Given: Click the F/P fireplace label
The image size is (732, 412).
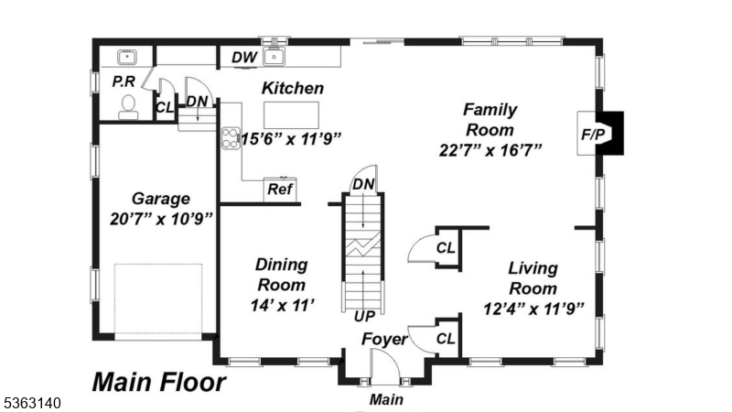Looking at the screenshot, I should pos(593,134).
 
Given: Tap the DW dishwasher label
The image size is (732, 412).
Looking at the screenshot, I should pos(243,57).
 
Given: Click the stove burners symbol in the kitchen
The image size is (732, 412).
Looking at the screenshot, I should pos(230,139).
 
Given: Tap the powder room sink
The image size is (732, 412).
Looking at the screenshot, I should pos(127,57).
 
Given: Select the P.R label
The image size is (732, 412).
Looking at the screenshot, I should pos(124,81).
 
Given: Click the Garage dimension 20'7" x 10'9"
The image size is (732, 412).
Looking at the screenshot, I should pos(160,219).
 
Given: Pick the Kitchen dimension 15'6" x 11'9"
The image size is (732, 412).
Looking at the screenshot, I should pos(291,139).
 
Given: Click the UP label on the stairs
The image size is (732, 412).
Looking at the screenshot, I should pos(364,316).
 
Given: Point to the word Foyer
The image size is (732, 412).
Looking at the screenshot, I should pos(384,340).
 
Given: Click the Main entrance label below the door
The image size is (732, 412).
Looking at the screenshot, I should pos(385,399).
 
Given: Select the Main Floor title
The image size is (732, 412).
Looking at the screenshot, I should pos(158,381).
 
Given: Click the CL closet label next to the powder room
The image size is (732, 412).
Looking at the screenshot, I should pos(165,107).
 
